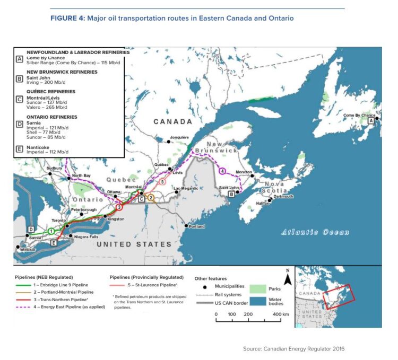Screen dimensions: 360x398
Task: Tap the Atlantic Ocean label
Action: click(x=315, y=232)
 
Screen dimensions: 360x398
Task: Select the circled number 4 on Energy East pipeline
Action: click(x=222, y=171)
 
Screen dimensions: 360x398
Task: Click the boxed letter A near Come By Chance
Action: click(x=370, y=121)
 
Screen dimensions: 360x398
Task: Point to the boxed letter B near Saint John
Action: click(x=231, y=195)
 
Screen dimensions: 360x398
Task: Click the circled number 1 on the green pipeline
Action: click(x=51, y=231)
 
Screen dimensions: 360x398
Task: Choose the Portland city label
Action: click(x=197, y=226)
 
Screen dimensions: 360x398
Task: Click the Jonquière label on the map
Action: click(x=179, y=137)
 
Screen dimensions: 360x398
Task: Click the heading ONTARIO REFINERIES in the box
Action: click(x=51, y=117)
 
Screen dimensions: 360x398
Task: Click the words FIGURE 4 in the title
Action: click(x=67, y=19)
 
